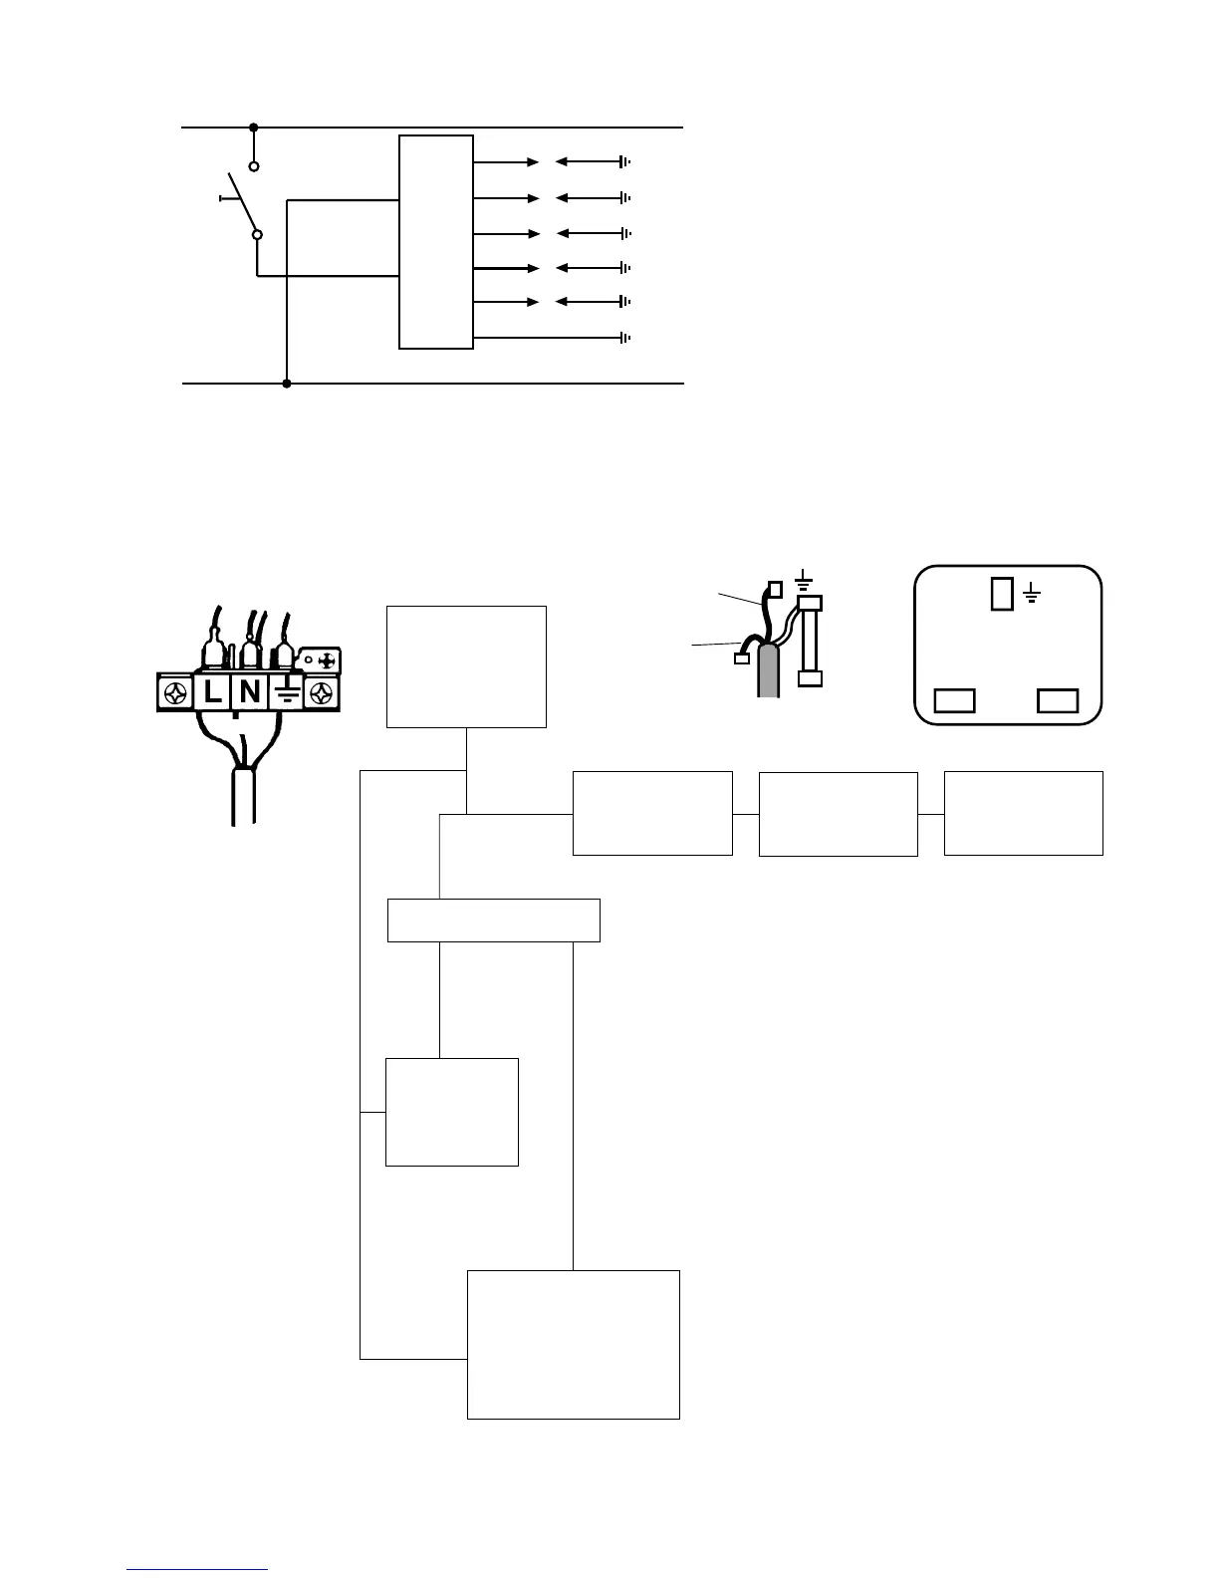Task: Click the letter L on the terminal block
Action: pyautogui.click(x=212, y=691)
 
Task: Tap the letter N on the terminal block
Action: pyautogui.click(x=250, y=691)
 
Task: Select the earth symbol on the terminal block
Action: pyautogui.click(x=287, y=691)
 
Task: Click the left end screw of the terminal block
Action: pyautogui.click(x=175, y=692)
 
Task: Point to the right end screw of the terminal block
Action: pyautogui.click(x=324, y=692)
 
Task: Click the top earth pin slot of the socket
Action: pyautogui.click(x=1003, y=595)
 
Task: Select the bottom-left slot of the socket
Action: pyautogui.click(x=954, y=701)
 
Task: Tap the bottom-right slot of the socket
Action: pyautogui.click(x=1058, y=701)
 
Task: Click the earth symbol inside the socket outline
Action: pyautogui.click(x=1033, y=596)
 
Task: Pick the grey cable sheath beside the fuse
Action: pyautogui.click(x=768, y=670)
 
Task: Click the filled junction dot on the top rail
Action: pyautogui.click(x=254, y=128)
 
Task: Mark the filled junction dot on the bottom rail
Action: pyautogui.click(x=287, y=384)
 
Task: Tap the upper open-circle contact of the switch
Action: pyautogui.click(x=254, y=166)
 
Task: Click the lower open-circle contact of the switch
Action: pyautogui.click(x=257, y=235)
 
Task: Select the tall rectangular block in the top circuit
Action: pyautogui.click(x=436, y=242)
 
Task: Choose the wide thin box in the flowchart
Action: pyautogui.click(x=493, y=920)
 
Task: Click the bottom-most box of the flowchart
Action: pyautogui.click(x=574, y=1344)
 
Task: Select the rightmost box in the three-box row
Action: pyautogui.click(x=1023, y=813)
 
